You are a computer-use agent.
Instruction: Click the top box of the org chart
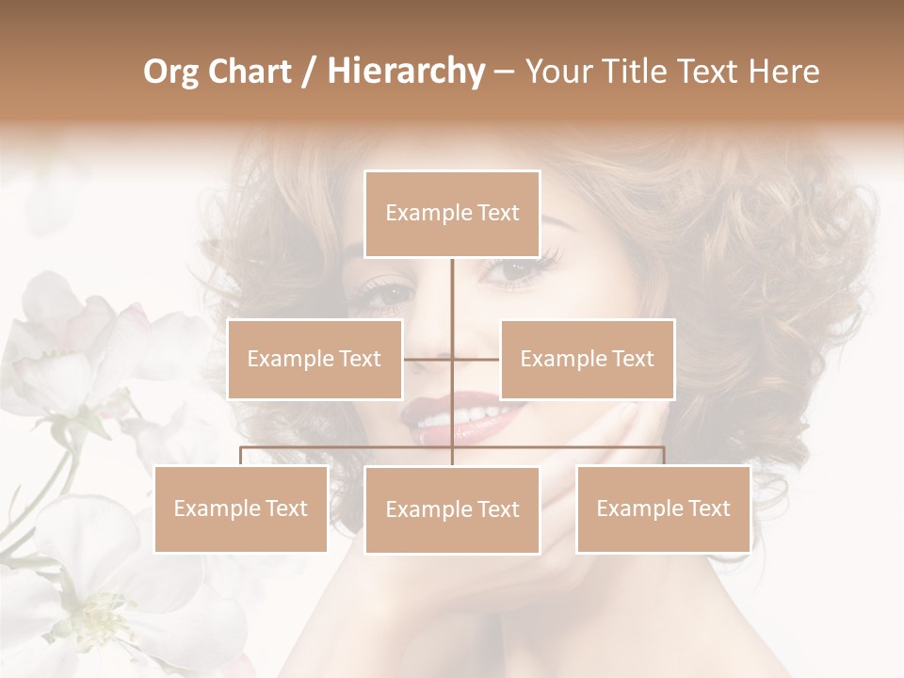point(452,214)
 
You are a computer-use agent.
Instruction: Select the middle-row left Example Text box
point(315,359)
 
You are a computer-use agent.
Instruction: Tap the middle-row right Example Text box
point(587,359)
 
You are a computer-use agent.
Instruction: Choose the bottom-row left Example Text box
point(240,508)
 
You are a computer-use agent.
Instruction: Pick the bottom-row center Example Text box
point(452,509)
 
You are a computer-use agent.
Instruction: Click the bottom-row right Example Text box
point(663,508)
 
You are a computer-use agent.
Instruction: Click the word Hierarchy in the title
point(405,72)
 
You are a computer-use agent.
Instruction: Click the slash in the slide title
point(308,72)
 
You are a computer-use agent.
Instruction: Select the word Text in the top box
point(497,214)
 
